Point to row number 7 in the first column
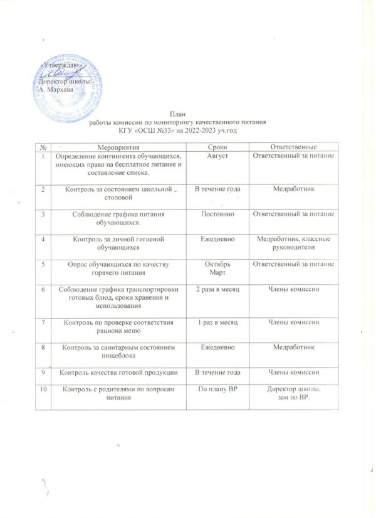coord(44,322)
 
